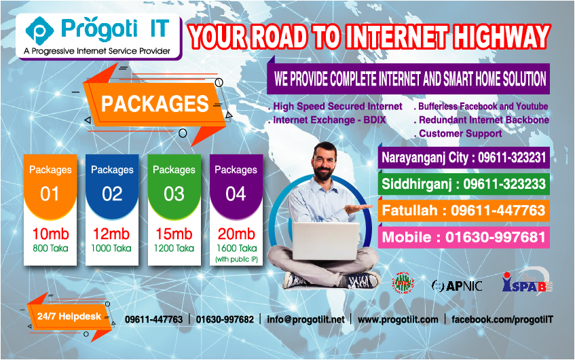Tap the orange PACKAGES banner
pyautogui.click(x=155, y=104)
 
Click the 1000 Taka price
pyautogui.click(x=112, y=249)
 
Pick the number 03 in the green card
pyautogui.click(x=174, y=194)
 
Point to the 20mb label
pyautogui.click(x=236, y=235)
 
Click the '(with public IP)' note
pyautogui.click(x=236, y=259)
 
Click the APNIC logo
pyautogui.click(x=457, y=285)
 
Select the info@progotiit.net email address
pyautogui.click(x=305, y=319)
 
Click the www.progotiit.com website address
pyautogui.click(x=398, y=319)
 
